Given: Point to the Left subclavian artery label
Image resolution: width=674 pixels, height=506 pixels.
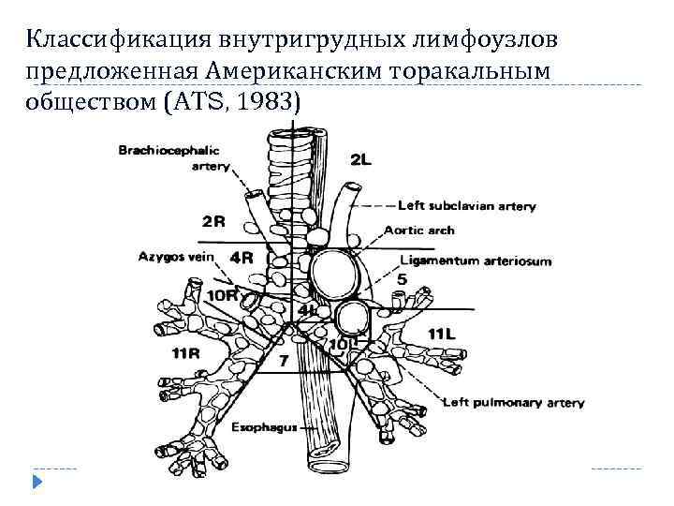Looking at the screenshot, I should pos(467,205).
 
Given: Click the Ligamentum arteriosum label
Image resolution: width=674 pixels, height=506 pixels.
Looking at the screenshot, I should pos(476,261).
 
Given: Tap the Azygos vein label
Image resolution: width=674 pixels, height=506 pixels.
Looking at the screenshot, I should pos(177,256).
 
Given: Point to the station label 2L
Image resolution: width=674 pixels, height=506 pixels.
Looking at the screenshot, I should pos(360,160).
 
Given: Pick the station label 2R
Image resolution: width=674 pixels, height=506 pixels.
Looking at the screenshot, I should pos(213,222).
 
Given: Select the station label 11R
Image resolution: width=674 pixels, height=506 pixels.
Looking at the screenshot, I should pos(186,352).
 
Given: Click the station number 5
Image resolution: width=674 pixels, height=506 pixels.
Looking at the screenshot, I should pos(402,280).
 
